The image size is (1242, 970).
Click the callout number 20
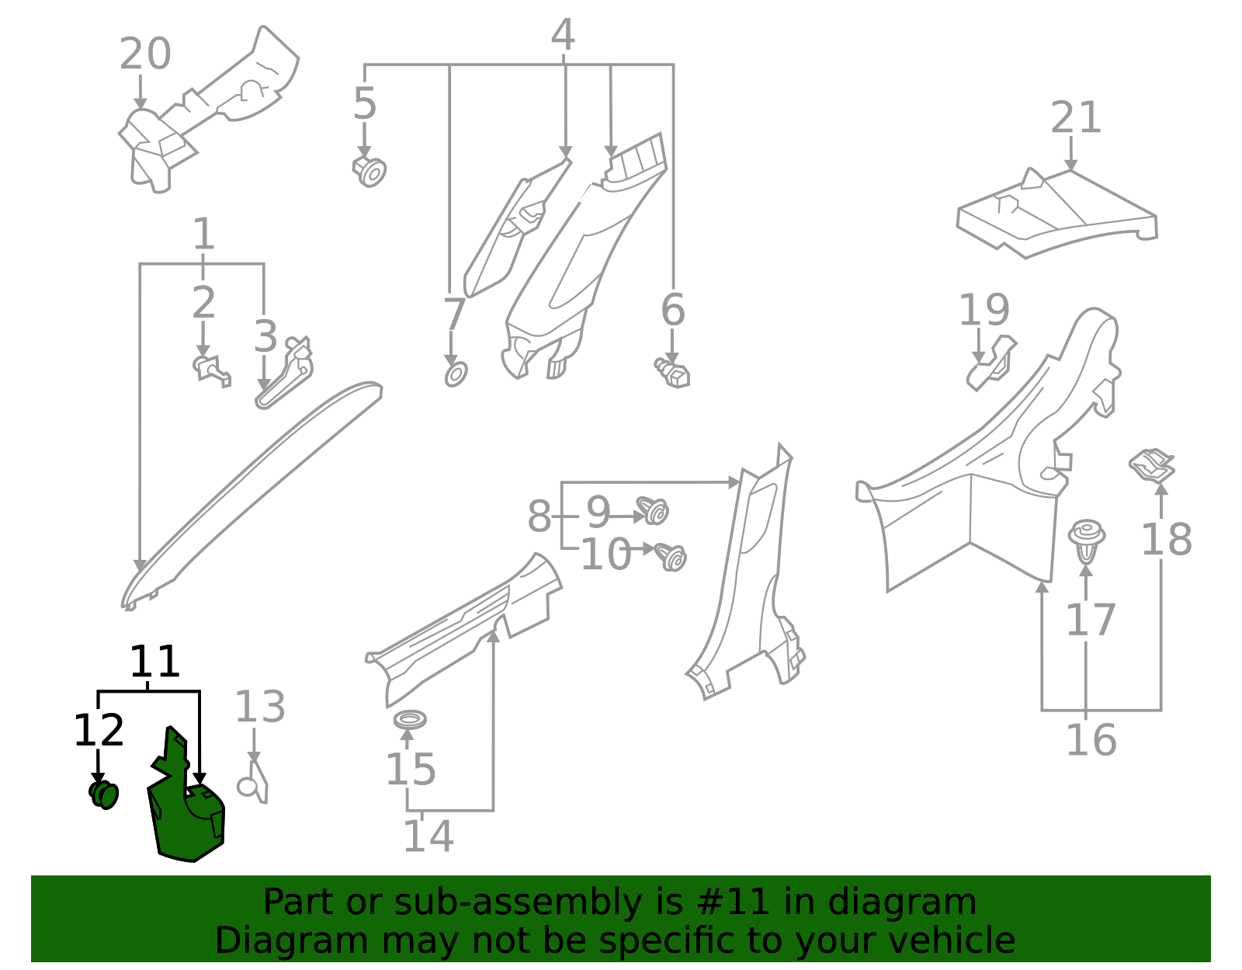pyautogui.click(x=145, y=54)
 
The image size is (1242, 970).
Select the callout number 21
pyautogui.click(x=1076, y=118)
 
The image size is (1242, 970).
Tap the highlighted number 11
pyautogui.click(x=154, y=662)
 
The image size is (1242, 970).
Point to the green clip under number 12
pyautogui.click(x=104, y=794)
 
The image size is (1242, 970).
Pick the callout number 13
pyautogui.click(x=260, y=708)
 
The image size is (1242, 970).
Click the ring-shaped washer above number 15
pyautogui.click(x=410, y=719)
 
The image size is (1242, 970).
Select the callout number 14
pyautogui.click(x=428, y=836)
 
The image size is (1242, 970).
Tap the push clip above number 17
pyautogui.click(x=1086, y=540)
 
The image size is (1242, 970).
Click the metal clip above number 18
pyautogui.click(x=1152, y=466)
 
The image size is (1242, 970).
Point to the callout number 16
pyautogui.click(x=1091, y=740)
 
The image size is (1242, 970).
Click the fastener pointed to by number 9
pyautogui.click(x=654, y=511)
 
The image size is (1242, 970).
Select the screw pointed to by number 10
pyautogui.click(x=671, y=556)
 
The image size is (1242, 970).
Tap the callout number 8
pyautogui.click(x=539, y=516)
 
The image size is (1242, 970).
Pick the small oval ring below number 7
pyautogui.click(x=456, y=374)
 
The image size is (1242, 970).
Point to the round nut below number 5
pyautogui.click(x=370, y=171)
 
